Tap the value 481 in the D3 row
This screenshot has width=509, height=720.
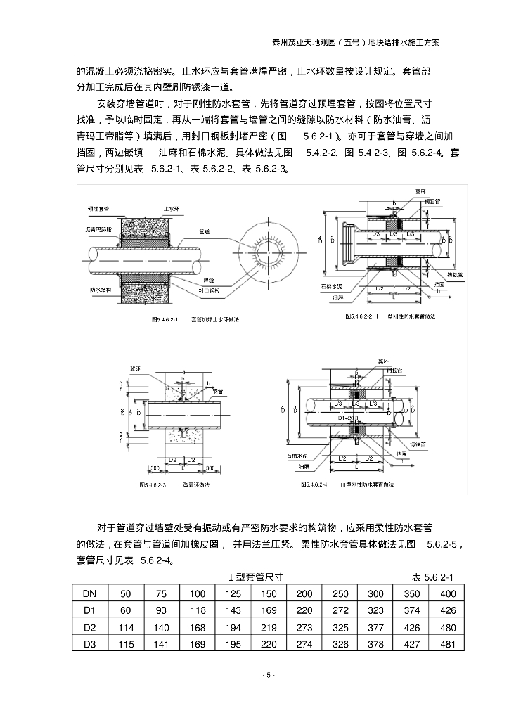(x=449, y=644)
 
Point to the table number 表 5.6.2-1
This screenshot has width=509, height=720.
(x=432, y=577)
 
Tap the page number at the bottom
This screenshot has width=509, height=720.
(x=268, y=676)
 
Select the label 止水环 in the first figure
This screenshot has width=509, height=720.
(x=172, y=209)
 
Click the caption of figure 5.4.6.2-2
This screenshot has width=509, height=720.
(x=390, y=317)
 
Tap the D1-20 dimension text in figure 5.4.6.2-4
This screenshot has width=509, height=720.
(x=347, y=418)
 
